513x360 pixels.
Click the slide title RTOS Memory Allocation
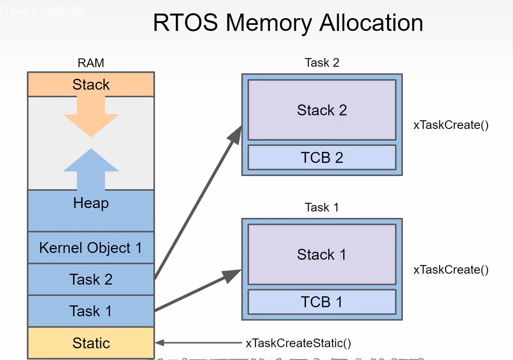point(288,23)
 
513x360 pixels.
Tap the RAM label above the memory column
point(91,63)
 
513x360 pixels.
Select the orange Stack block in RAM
point(91,84)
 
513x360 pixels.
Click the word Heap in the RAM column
point(91,203)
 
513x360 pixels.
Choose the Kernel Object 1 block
point(91,248)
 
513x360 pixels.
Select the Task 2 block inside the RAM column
point(91,279)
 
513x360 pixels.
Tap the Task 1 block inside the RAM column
point(91,311)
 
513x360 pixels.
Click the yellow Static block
point(91,343)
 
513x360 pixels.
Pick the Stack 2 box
point(322,110)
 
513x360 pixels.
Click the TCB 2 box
point(322,158)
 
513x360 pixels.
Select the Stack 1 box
point(322,254)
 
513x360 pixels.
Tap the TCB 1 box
point(322,302)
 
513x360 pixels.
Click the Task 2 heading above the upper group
point(322,63)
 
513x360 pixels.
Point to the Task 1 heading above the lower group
point(322,207)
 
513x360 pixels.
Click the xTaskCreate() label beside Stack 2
point(451,125)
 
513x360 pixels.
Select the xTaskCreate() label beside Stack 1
point(451,270)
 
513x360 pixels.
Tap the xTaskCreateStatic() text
point(298,343)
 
